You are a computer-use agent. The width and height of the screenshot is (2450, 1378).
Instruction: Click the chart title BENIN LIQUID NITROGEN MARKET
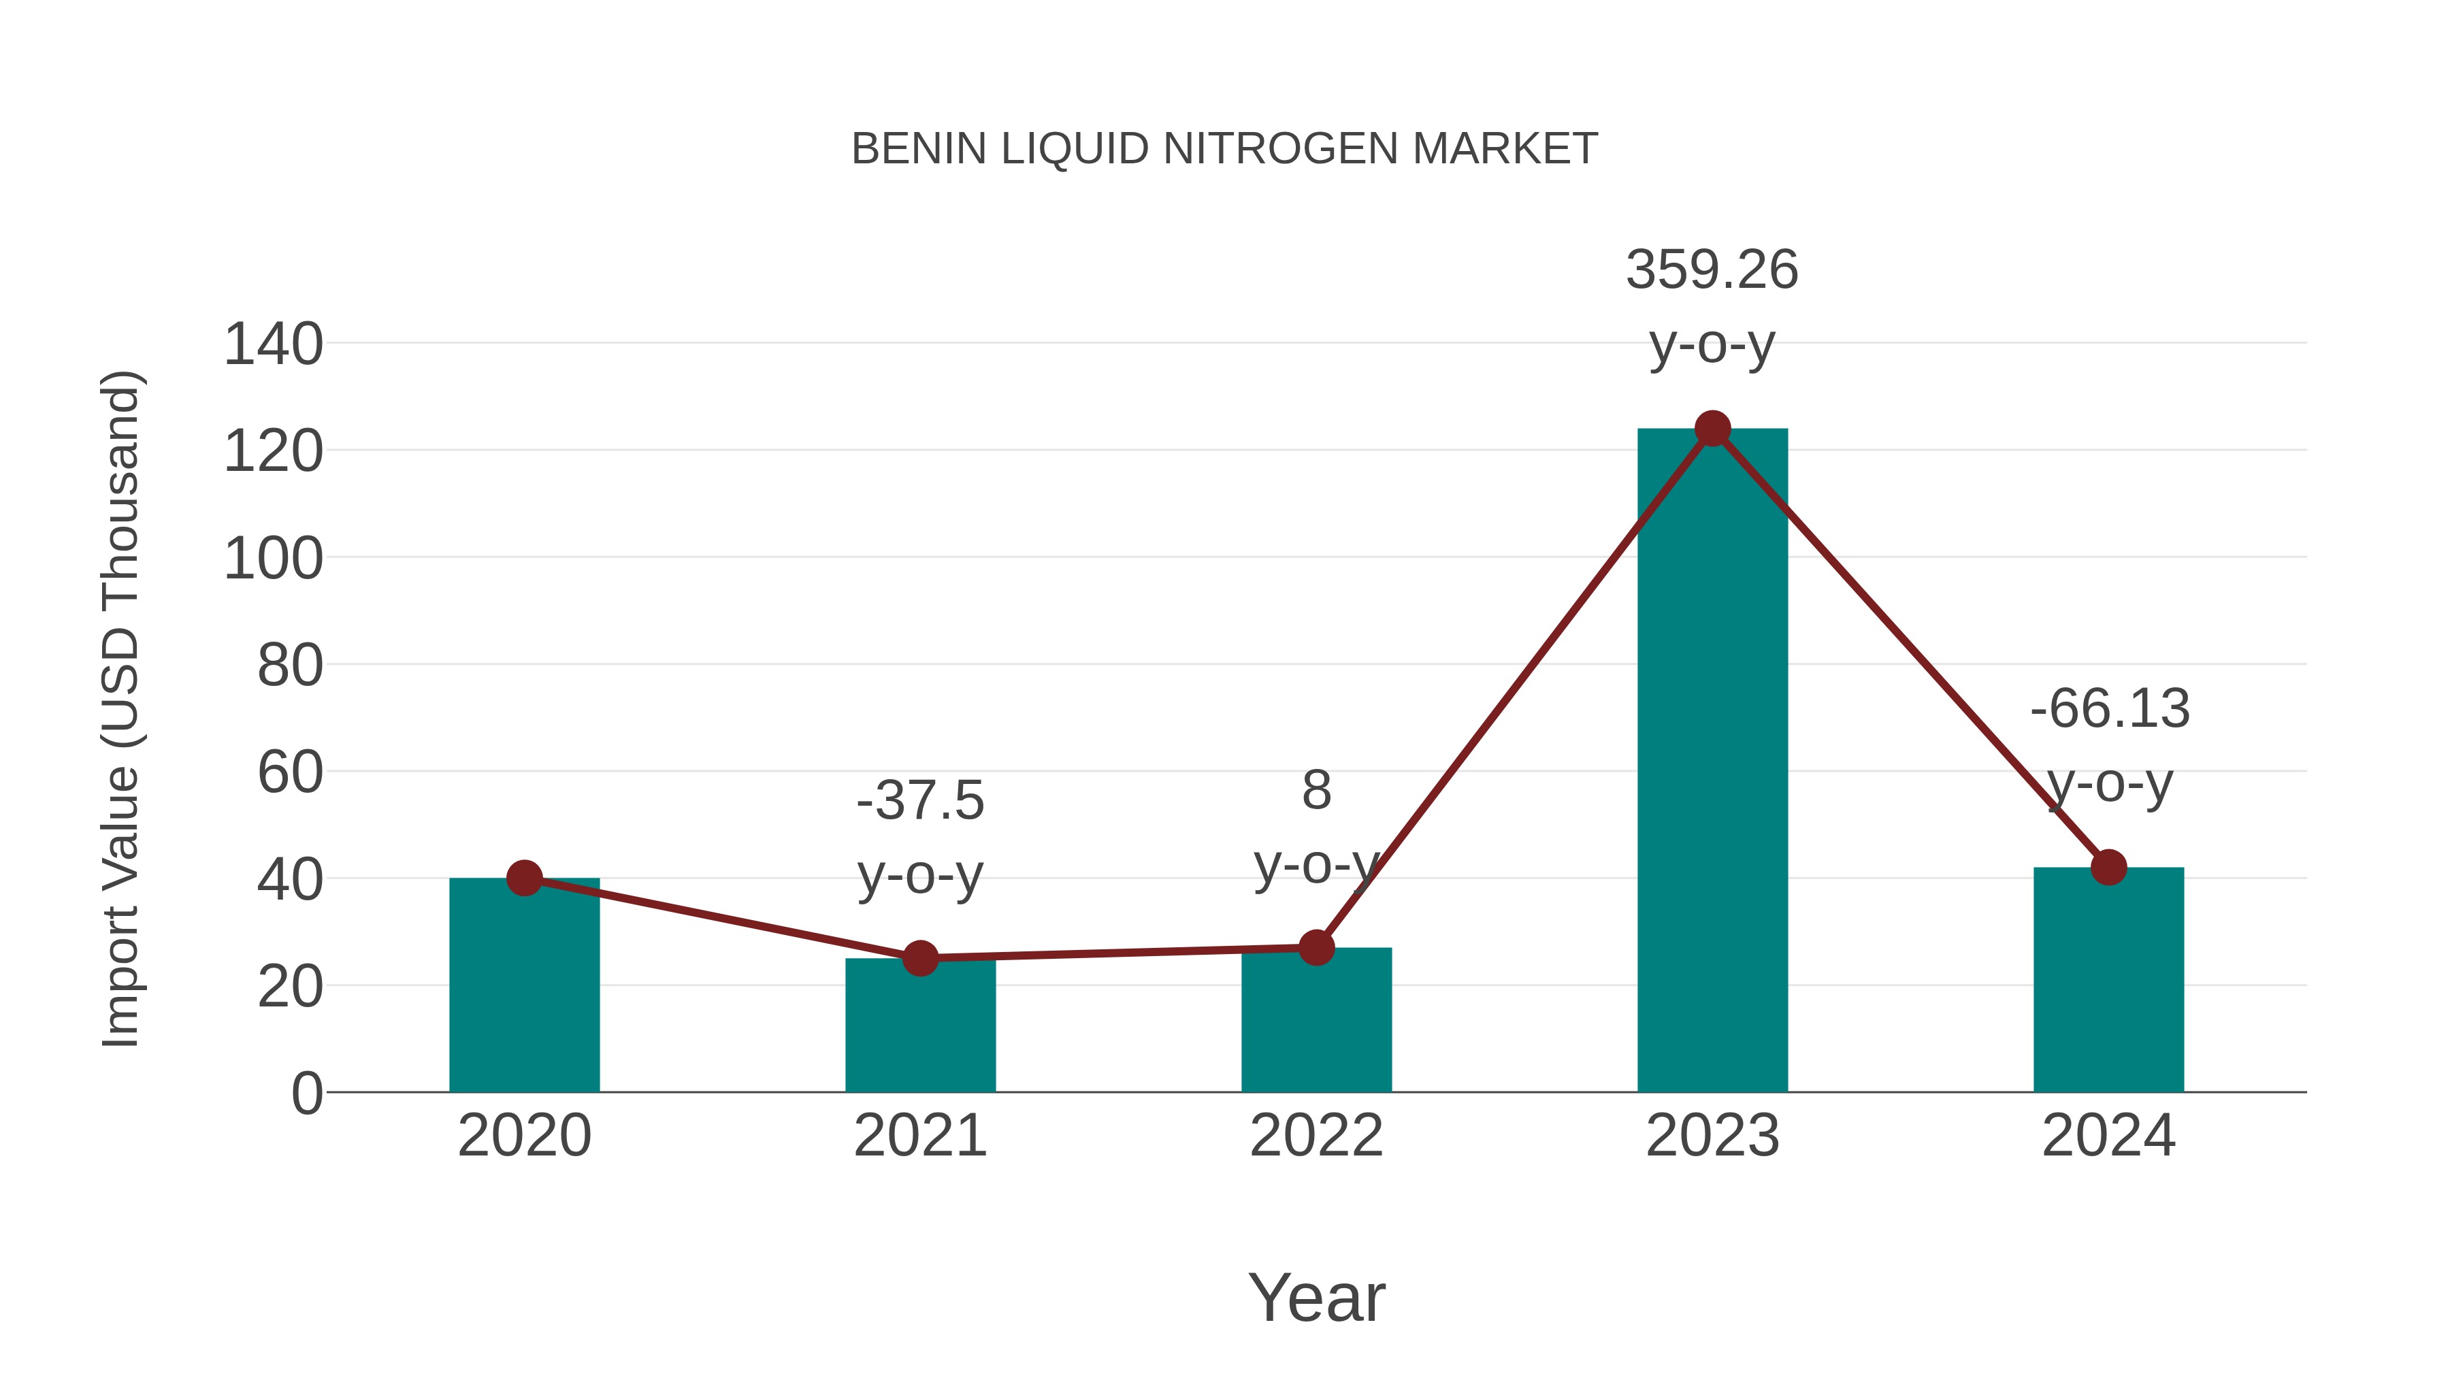[1224, 149]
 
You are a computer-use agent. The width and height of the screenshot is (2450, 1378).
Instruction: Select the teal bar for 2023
[1712, 761]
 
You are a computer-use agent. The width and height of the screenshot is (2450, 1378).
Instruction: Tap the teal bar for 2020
[524, 989]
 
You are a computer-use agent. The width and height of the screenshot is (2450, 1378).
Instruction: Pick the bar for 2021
[919, 1027]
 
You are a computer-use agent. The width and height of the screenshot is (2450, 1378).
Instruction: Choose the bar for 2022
[1316, 1022]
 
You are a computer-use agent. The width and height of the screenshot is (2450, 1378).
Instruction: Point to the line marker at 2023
[1712, 429]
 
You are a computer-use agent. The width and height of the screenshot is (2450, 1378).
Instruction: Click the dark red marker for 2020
[524, 878]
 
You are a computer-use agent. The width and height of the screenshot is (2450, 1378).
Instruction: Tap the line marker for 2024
[2108, 868]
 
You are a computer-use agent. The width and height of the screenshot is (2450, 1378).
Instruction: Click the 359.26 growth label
[1712, 270]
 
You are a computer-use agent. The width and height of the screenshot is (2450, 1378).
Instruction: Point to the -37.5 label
[919, 801]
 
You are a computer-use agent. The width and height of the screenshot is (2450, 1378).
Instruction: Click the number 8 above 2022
[1316, 790]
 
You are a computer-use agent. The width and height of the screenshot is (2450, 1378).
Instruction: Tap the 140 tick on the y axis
[273, 344]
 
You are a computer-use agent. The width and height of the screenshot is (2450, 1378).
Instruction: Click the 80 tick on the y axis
[290, 666]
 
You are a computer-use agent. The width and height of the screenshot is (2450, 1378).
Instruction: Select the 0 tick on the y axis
[307, 1094]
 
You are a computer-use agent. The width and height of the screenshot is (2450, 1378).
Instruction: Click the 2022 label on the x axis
[1316, 1136]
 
